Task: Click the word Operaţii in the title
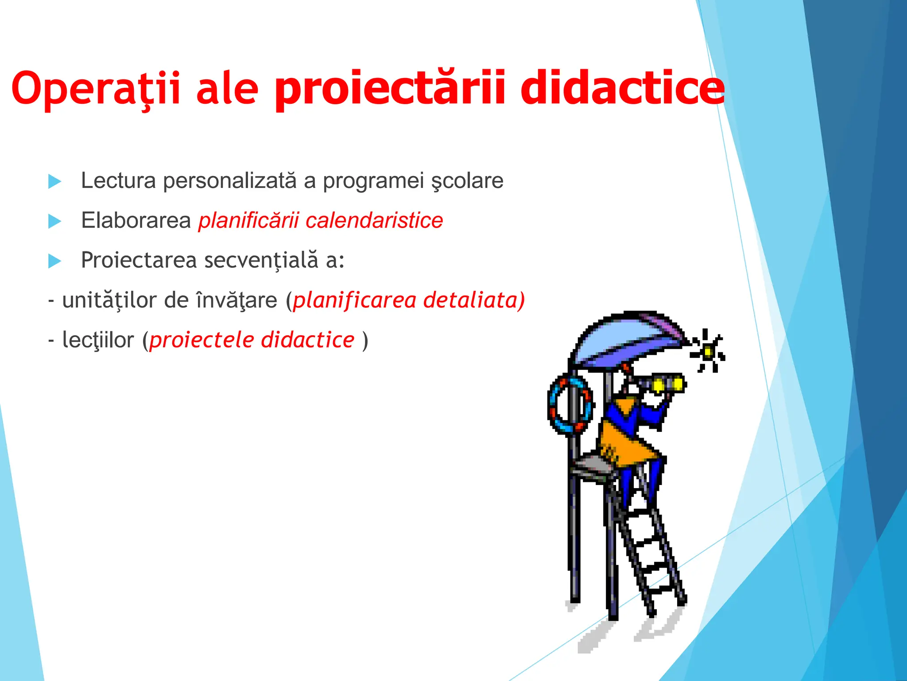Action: [x=96, y=89]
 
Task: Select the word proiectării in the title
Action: [x=390, y=89]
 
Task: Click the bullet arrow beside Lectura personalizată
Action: [x=54, y=181]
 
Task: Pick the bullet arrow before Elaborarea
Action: [x=54, y=221]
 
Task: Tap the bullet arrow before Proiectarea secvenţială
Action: [x=54, y=261]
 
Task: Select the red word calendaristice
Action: [x=374, y=220]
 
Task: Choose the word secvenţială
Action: [x=261, y=260]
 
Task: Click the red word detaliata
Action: [x=474, y=300]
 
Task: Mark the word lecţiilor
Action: [x=98, y=340]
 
